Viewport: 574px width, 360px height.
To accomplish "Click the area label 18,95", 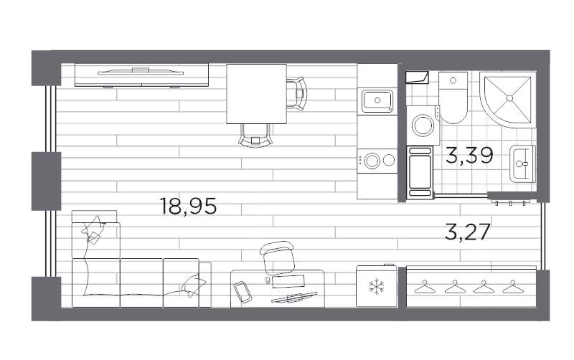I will tap(189, 207).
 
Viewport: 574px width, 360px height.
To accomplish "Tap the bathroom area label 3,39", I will tap(469, 155).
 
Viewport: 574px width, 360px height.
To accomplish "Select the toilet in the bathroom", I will tap(453, 100).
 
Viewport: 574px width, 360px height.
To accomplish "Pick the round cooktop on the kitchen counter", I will tap(372, 161).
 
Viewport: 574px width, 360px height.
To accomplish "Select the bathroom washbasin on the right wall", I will tap(522, 164).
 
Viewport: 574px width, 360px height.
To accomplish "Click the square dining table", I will tap(256, 93).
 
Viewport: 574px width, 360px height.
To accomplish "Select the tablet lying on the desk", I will tap(242, 290).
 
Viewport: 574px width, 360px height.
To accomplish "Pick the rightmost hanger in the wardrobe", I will tap(512, 288).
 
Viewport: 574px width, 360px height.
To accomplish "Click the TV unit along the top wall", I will tap(141, 75).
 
